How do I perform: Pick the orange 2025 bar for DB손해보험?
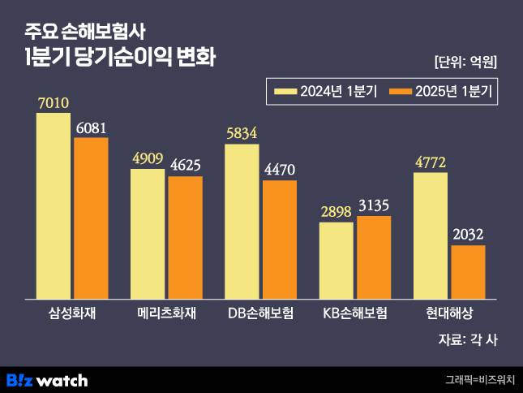pyautogui.click(x=280, y=240)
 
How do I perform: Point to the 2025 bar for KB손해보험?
pyautogui.click(x=374, y=257)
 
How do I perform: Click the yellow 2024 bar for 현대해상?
pyautogui.click(x=431, y=235)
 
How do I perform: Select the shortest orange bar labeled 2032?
pyautogui.click(x=468, y=272)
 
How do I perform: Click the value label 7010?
pyautogui.click(x=54, y=104)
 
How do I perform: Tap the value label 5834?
pyautogui.click(x=242, y=136)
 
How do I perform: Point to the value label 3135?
pyautogui.click(x=374, y=206)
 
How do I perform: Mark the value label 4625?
pyautogui.click(x=185, y=166)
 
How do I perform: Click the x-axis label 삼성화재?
pyautogui.click(x=72, y=313)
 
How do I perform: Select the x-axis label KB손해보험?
pyautogui.click(x=355, y=313)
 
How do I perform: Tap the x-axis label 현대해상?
pyautogui.click(x=448, y=313)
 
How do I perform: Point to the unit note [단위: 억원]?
pyautogui.click(x=465, y=61)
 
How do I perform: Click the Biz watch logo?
pyautogui.click(x=46, y=379)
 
